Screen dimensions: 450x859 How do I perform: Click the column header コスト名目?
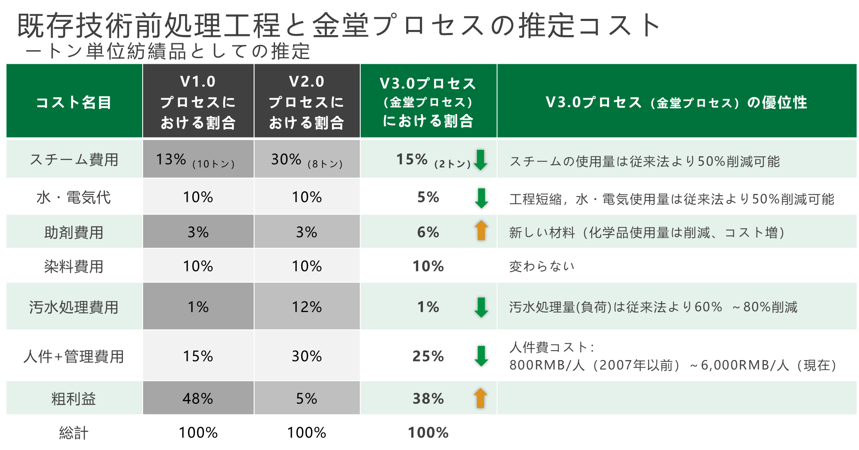[74, 102]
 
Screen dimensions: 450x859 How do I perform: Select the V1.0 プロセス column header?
[198, 102]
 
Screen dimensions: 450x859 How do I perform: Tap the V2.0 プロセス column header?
[306, 102]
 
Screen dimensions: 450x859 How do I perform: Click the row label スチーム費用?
[74, 160]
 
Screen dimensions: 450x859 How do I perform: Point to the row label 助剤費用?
[74, 232]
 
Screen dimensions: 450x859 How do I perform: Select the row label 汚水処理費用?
[74, 307]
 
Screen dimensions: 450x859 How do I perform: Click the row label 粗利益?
[74, 399]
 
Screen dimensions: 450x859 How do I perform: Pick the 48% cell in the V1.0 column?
[198, 399]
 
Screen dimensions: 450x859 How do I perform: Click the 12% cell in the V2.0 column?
[306, 307]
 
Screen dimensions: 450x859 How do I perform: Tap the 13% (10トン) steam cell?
[195, 160]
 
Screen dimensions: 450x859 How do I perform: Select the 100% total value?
[428, 432]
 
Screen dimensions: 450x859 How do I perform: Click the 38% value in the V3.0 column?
[428, 399]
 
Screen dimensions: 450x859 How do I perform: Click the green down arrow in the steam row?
[481, 160]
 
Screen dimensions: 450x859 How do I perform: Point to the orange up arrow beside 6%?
[481, 230]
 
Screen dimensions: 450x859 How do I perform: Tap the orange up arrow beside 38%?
[481, 398]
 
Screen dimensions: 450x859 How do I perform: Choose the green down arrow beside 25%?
[481, 356]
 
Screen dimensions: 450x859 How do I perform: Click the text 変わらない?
[542, 266]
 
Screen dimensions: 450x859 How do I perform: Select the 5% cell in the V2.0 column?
[306, 399]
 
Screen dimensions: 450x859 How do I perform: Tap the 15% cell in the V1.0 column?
[198, 356]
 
